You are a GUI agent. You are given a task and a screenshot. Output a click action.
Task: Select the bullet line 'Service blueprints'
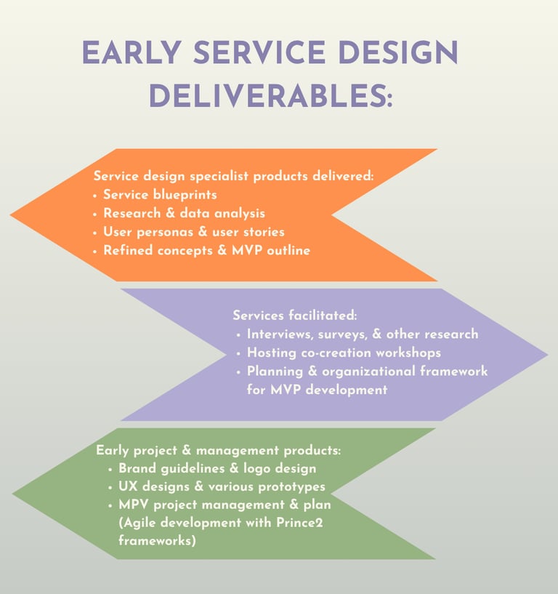pyautogui.click(x=160, y=195)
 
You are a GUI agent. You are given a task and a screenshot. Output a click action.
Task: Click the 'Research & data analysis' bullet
pyautogui.click(x=184, y=214)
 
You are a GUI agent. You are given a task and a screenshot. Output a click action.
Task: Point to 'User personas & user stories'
pyautogui.click(x=193, y=232)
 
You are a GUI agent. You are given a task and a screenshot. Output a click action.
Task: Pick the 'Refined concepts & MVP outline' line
pyautogui.click(x=206, y=251)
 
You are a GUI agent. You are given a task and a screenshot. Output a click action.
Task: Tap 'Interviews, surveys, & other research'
pyautogui.click(x=362, y=334)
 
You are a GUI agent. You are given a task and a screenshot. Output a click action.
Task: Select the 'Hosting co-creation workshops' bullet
pyautogui.click(x=344, y=353)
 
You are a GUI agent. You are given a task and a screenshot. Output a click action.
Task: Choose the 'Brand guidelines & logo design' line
pyautogui.click(x=217, y=469)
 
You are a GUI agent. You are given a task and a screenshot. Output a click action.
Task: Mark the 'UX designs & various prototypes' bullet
pyautogui.click(x=222, y=487)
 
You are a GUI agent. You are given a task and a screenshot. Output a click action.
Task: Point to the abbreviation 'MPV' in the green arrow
pyautogui.click(x=135, y=505)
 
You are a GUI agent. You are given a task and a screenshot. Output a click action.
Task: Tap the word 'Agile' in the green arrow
pyautogui.click(x=142, y=523)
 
